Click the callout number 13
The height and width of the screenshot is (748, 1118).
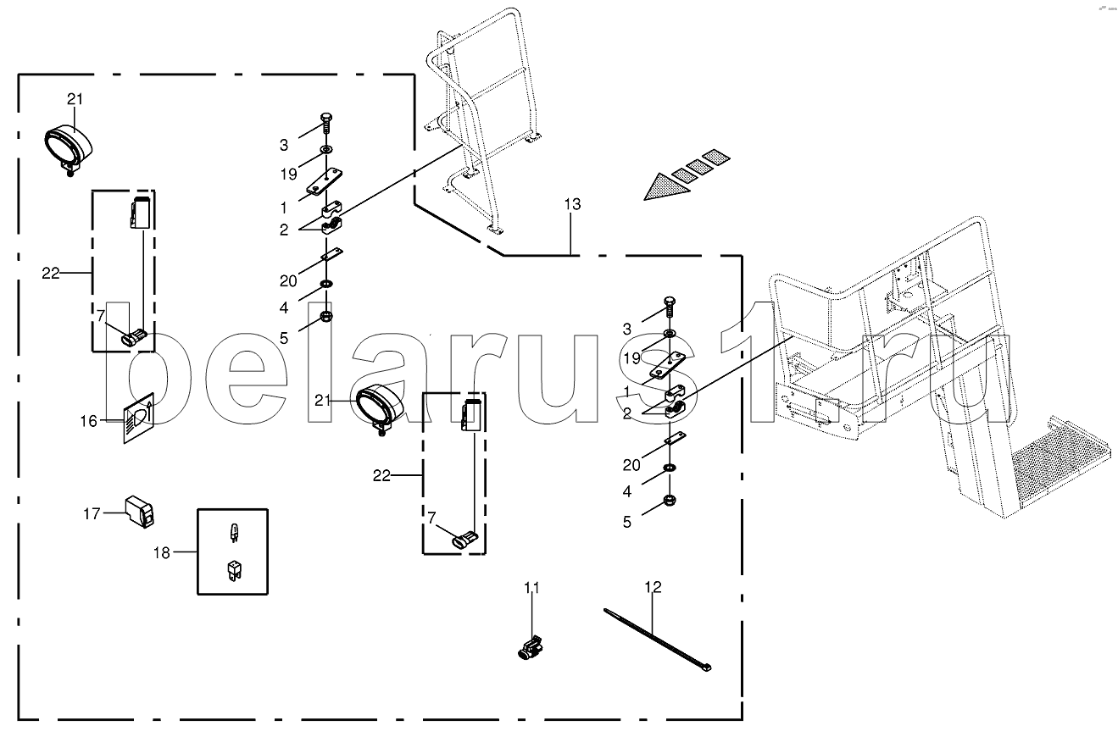[x=571, y=204]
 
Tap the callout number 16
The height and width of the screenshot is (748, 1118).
[x=89, y=419]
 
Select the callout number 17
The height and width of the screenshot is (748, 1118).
[x=92, y=513]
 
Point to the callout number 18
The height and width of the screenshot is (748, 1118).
[x=161, y=552]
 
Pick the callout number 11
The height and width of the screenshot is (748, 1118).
[x=531, y=587]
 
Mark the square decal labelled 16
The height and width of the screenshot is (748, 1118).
[x=137, y=418]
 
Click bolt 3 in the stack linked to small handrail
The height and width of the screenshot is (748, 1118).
[x=327, y=122]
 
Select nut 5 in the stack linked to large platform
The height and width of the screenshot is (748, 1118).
[x=670, y=501]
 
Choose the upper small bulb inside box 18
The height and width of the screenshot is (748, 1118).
[x=232, y=533]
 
